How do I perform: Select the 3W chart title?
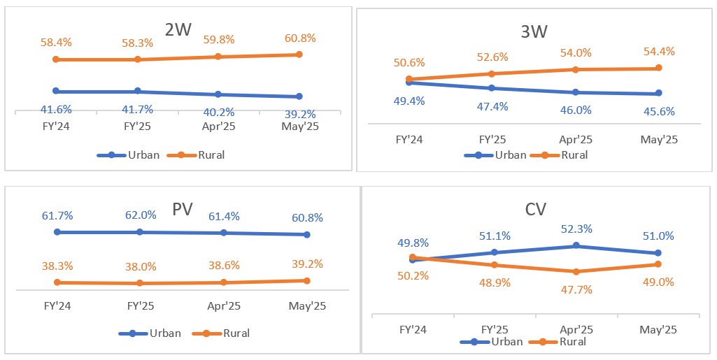(534, 31)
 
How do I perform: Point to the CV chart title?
(535, 209)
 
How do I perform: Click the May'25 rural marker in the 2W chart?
(299, 55)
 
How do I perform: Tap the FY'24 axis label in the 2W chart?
(56, 126)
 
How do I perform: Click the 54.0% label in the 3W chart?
(576, 53)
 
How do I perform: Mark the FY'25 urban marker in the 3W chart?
(492, 88)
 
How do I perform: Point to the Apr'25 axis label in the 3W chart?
(576, 140)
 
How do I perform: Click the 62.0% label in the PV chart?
(140, 216)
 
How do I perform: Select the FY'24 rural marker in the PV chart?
(57, 282)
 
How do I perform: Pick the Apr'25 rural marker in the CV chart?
(576, 272)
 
